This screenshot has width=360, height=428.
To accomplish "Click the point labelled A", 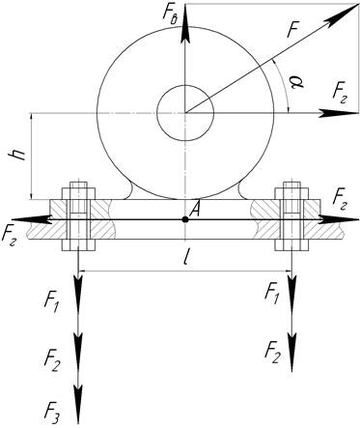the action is click(x=185, y=219).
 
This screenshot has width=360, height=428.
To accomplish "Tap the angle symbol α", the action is click(x=297, y=83).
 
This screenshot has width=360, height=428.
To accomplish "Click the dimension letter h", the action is click(x=19, y=156).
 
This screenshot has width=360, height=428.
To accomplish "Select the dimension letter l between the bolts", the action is click(x=185, y=259).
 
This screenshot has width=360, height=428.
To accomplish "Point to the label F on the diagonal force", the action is click(x=293, y=31).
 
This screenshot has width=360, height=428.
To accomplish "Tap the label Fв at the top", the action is click(x=170, y=14).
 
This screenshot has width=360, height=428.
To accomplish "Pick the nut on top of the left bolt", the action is click(x=78, y=193).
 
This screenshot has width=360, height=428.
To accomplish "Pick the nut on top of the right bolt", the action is click(x=291, y=193).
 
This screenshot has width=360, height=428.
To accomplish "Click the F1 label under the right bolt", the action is click(x=272, y=293).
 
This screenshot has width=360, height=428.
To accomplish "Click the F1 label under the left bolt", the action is click(x=51, y=303).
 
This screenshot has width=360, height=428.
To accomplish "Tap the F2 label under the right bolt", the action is click(x=272, y=353).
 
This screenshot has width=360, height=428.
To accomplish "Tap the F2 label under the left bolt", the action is click(x=52, y=361).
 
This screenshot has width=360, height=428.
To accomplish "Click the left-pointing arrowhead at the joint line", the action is click(x=30, y=219).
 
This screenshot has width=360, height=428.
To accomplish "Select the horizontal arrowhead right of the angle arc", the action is click(x=339, y=113).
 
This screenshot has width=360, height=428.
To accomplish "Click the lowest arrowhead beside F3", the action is click(x=78, y=404).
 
